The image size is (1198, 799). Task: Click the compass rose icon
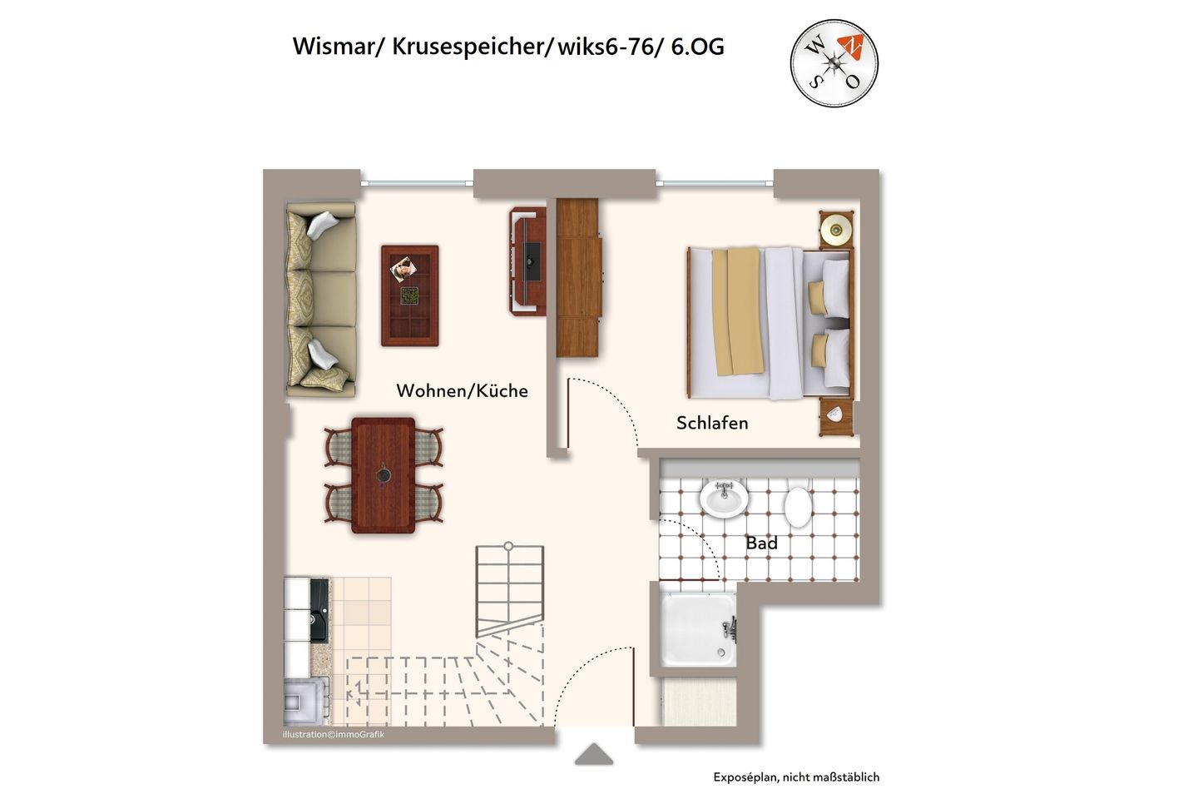coord(834,63)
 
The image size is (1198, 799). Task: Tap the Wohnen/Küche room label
coord(462,390)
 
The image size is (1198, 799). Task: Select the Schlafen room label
coord(712,423)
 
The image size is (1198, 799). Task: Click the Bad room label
coord(761,543)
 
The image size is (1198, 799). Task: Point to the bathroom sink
coord(723,499)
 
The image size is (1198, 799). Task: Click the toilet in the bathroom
coord(798,505)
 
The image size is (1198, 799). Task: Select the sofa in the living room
coord(320,300)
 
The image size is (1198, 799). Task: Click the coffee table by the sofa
coord(409,295)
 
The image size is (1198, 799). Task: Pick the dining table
coord(383,475)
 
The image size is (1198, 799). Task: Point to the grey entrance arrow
coord(594,754)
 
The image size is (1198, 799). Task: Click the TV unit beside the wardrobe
coord(526,261)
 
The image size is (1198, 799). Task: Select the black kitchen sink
coord(319,610)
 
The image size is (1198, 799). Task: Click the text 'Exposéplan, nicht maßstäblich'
coord(795,777)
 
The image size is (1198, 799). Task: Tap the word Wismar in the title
coord(334,47)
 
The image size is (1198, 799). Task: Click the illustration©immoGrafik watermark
coord(334,735)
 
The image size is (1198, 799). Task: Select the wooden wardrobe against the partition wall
coord(577,277)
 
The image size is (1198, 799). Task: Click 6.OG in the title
coord(696,47)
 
